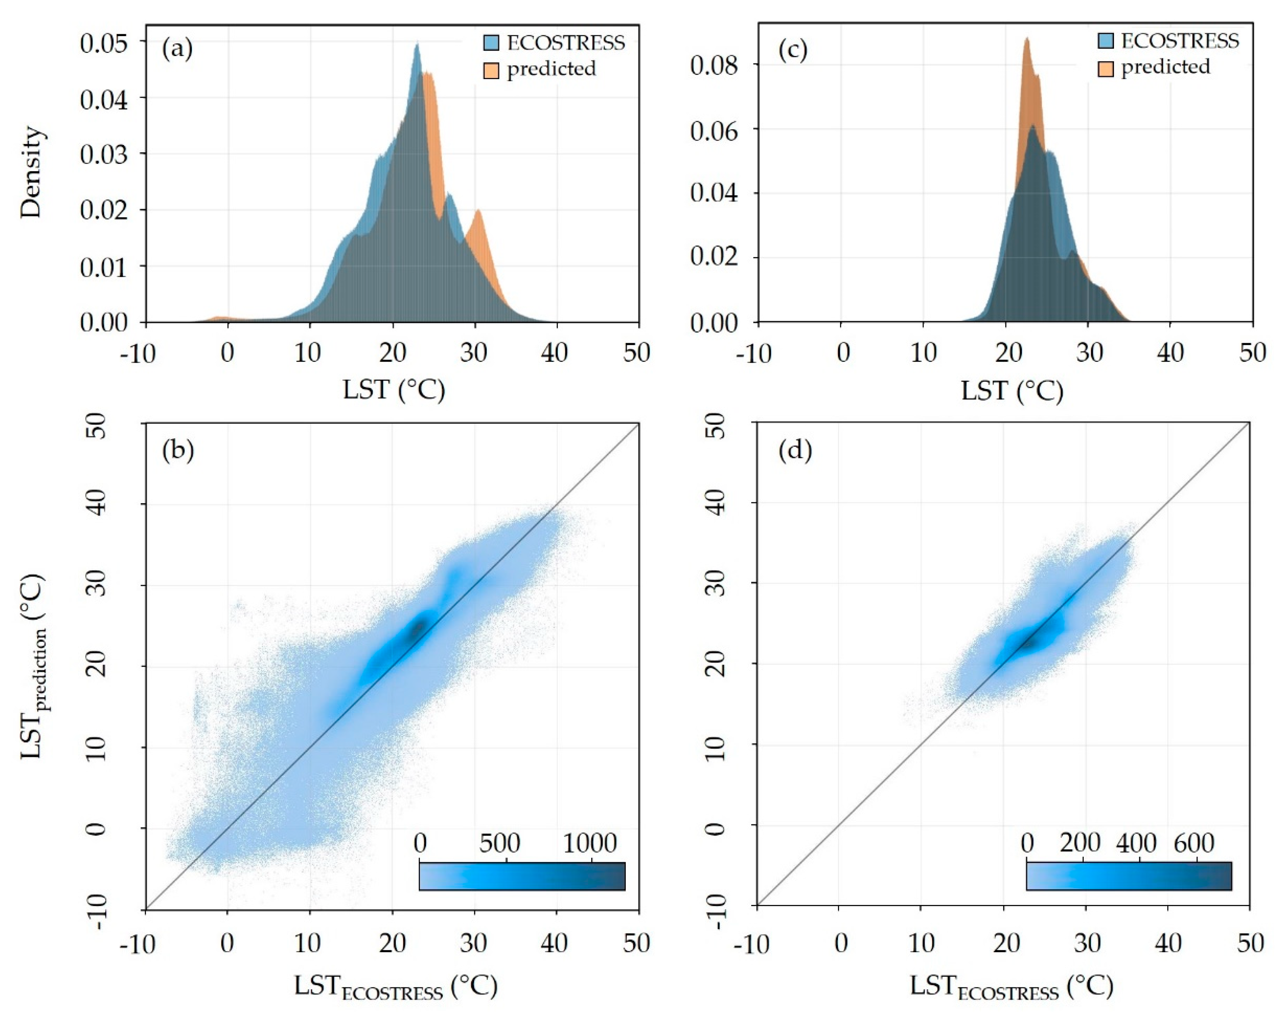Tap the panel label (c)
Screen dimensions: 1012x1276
pos(792,50)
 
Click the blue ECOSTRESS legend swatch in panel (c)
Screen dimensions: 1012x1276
pos(1106,41)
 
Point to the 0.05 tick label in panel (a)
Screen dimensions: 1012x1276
pos(104,43)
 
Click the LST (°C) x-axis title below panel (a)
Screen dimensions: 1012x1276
pos(393,390)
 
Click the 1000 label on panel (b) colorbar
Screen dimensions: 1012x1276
pos(590,843)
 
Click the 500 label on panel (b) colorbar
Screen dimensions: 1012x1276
pos(499,843)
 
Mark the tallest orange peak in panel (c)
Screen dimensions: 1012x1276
pos(1027,39)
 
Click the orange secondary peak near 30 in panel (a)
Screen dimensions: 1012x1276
pos(477,211)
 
